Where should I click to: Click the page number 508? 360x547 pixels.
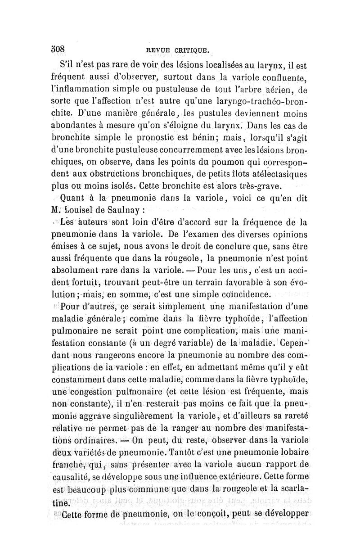click(59, 48)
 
